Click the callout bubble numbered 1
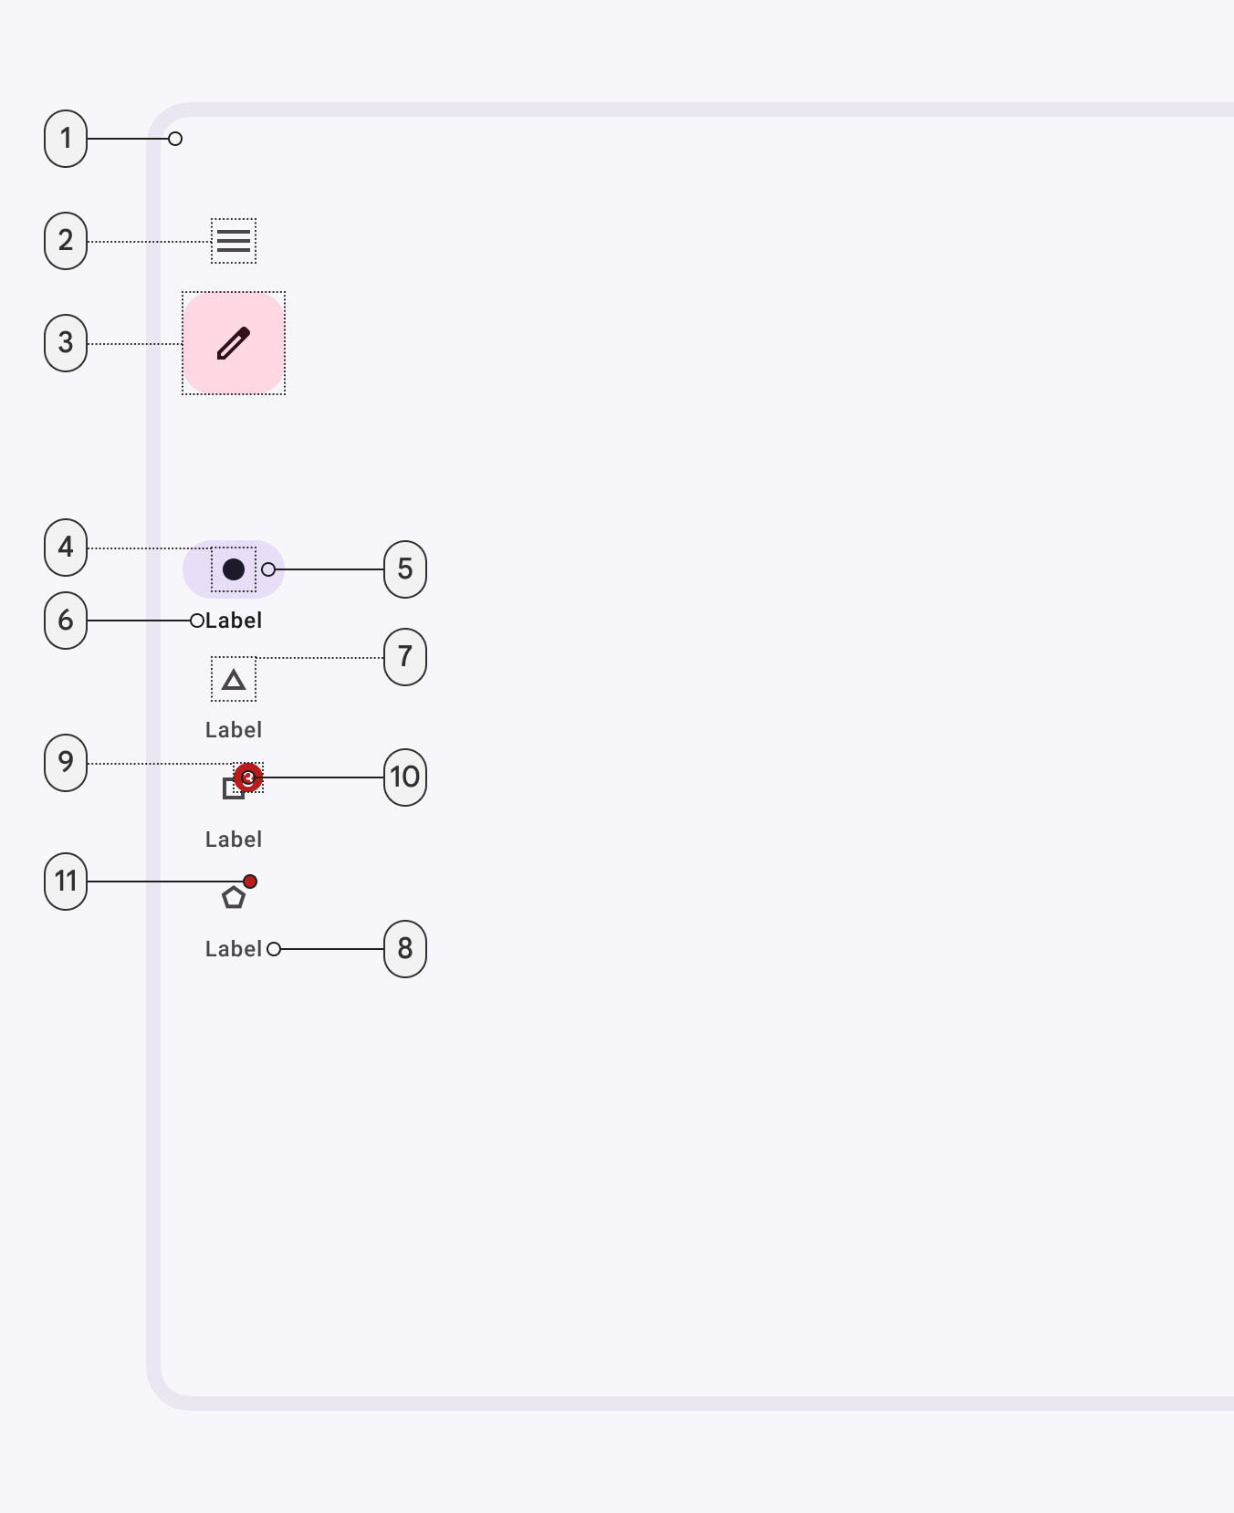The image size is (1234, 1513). (66, 139)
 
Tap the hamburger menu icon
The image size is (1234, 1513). (234, 241)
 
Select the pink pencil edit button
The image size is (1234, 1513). (234, 343)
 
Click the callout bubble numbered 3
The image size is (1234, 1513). (66, 343)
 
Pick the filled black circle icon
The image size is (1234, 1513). (234, 569)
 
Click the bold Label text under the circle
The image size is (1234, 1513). (234, 621)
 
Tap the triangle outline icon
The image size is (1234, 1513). (234, 680)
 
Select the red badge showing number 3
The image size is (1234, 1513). (248, 777)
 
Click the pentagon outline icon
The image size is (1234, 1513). (234, 898)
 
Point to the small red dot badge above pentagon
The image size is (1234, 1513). (250, 882)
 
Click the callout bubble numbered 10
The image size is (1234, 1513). (405, 777)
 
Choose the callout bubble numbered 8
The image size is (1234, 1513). (405, 949)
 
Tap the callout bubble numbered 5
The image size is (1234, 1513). (405, 569)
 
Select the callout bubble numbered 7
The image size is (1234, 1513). (405, 657)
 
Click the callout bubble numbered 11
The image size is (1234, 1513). (66, 882)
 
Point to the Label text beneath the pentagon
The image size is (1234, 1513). (234, 949)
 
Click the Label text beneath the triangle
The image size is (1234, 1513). (234, 730)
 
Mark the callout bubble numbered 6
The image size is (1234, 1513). (66, 621)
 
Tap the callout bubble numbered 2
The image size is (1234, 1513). (66, 241)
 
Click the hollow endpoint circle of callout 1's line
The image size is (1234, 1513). (175, 139)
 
